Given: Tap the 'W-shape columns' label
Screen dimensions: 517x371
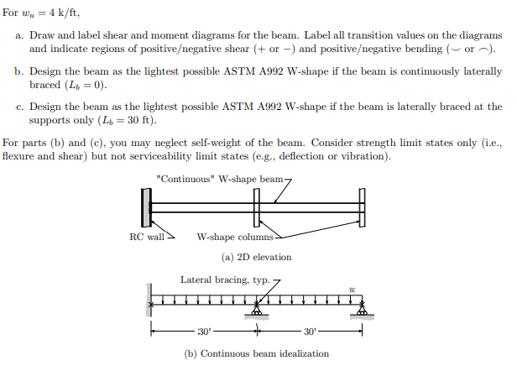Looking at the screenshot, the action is click(230, 237).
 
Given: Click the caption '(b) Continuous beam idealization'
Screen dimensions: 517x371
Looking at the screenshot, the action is click(256, 353).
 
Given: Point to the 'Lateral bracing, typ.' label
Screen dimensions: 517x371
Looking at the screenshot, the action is click(220, 280).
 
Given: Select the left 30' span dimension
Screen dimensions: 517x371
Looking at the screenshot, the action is click(204, 331).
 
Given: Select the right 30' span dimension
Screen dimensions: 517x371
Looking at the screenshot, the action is click(310, 331).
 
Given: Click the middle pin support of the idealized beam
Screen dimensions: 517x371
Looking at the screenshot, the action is click(257, 311).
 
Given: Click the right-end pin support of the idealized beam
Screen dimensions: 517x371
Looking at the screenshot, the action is click(363, 311).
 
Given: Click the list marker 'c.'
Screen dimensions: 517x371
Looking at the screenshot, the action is click(19, 107).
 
